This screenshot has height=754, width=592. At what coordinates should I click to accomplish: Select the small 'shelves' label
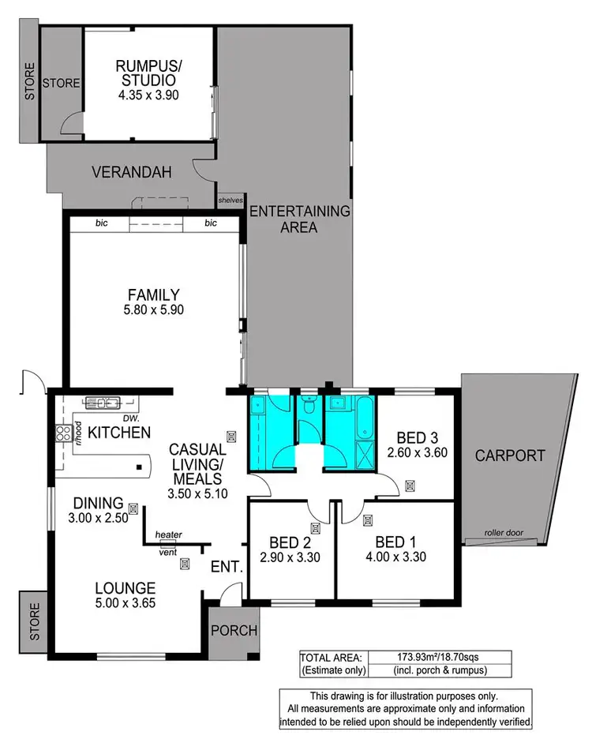[230, 201]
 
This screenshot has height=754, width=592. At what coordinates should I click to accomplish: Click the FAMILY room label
[154, 294]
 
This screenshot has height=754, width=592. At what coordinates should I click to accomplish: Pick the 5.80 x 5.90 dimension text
[154, 311]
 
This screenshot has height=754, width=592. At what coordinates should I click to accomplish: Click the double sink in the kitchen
[103, 401]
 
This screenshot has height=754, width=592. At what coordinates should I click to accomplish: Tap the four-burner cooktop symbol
[61, 433]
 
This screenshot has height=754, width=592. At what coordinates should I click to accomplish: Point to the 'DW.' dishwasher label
[120, 418]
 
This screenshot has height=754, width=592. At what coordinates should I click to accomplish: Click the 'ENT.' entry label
[223, 567]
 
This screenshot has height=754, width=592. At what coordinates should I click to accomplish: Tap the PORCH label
[235, 630]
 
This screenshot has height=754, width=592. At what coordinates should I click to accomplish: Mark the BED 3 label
[412, 437]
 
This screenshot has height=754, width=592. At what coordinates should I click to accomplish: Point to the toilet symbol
[309, 407]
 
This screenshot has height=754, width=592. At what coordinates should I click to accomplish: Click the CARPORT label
[510, 456]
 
